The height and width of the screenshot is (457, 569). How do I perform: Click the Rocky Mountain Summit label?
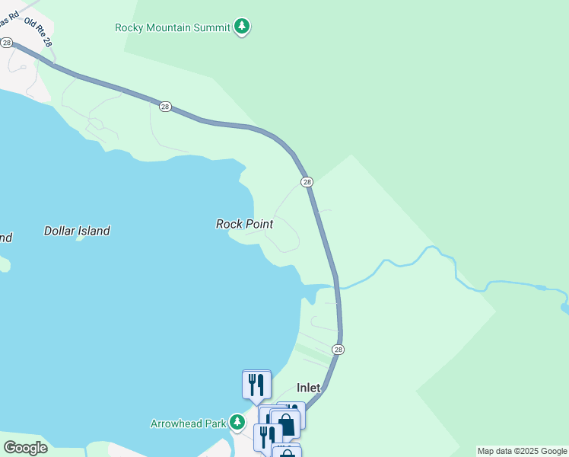[x=173, y=27]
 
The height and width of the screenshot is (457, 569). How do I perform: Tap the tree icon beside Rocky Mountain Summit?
[x=242, y=27]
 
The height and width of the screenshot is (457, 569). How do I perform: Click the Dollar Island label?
[x=77, y=231]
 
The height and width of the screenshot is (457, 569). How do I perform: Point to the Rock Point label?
[x=244, y=224]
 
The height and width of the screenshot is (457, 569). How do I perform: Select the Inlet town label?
[x=308, y=388]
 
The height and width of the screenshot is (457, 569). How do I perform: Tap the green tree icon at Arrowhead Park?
[x=237, y=422]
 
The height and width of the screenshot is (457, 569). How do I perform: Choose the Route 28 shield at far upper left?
[x=6, y=43]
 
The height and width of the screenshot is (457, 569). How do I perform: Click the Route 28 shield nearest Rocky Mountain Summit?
[x=165, y=107]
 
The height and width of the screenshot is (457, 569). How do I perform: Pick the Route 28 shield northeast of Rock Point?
[x=307, y=182]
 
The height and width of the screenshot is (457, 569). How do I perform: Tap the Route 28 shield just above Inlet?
[x=339, y=350]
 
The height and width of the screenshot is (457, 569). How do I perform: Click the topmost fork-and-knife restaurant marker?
[x=256, y=383]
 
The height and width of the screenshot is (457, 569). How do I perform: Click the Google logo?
[x=25, y=448]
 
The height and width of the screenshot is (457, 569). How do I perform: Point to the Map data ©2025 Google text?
[x=522, y=451]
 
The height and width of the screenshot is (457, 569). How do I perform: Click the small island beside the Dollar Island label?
[x=79, y=237]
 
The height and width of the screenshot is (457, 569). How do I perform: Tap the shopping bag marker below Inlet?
[x=285, y=424]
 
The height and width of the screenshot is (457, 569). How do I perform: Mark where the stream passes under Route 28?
[x=336, y=287]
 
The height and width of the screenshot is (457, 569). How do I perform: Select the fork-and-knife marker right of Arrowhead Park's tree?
[x=267, y=436]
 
